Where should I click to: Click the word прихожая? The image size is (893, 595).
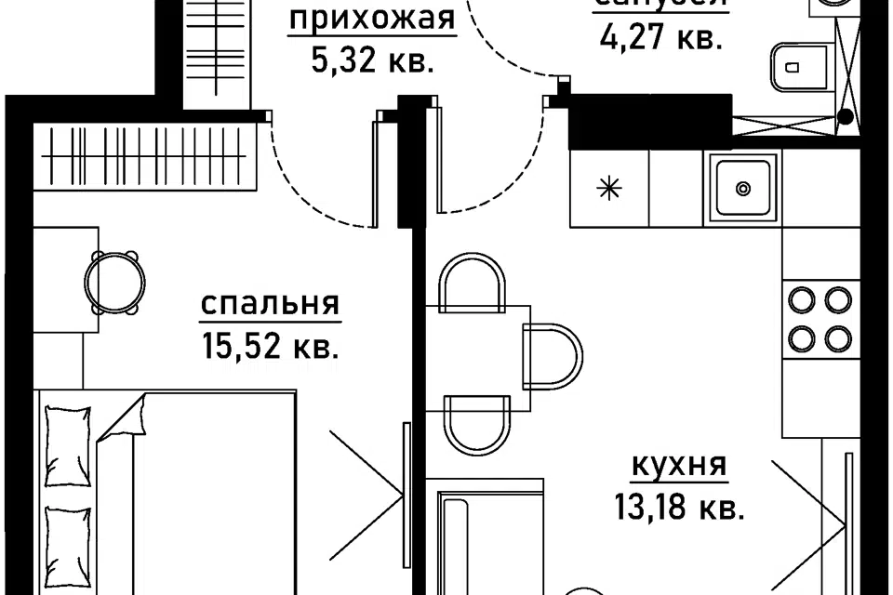point(372,19)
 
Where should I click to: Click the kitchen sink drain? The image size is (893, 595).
point(742,189)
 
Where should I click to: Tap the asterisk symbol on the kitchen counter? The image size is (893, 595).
point(608,189)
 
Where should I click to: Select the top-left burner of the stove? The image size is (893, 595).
point(801,299)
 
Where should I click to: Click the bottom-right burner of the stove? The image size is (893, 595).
point(837,336)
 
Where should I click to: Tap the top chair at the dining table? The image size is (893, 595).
point(473,284)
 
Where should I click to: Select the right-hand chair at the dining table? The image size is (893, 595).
point(553,356)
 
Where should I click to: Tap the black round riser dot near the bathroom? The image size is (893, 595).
point(846,117)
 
